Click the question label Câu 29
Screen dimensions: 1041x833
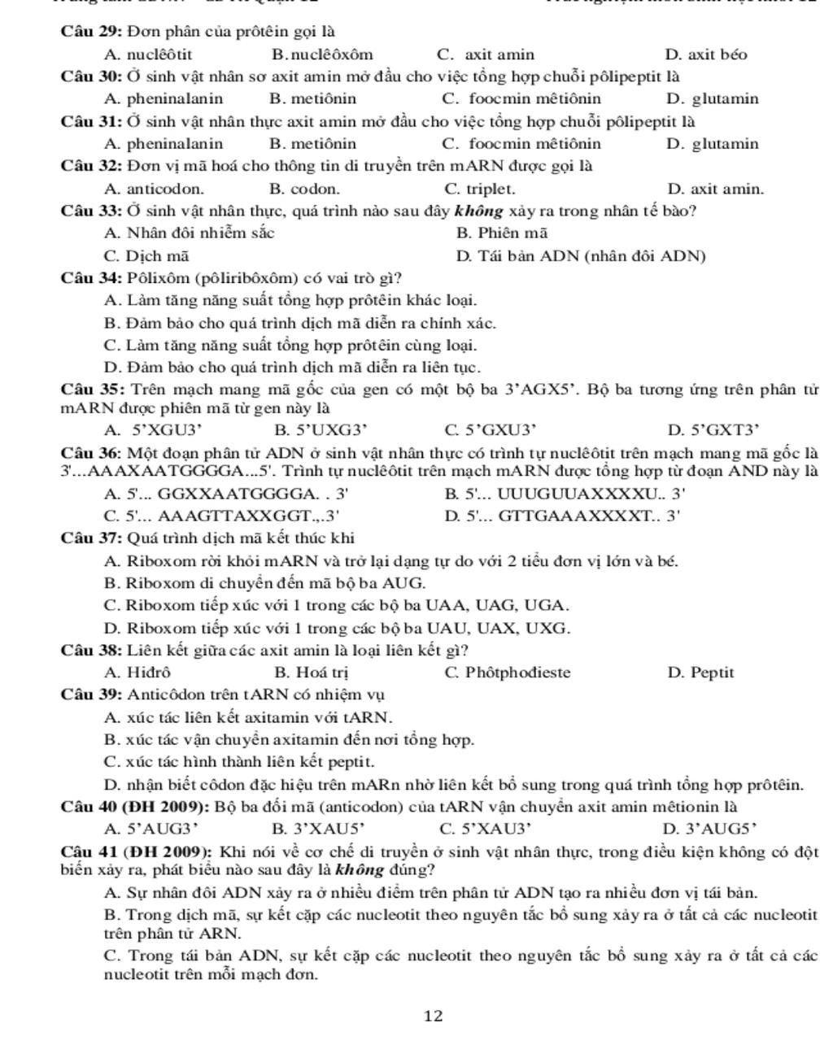tap(91, 33)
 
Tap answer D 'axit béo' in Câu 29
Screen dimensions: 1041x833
tap(705, 55)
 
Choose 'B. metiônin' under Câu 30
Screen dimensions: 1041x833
tap(312, 99)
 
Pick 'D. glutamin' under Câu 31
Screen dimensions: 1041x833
tap(712, 144)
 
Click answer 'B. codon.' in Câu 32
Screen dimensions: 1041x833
tap(304, 189)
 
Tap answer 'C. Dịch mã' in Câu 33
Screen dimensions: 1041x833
tap(146, 256)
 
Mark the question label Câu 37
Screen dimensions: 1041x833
tap(91, 538)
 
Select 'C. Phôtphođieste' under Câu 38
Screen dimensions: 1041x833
tap(508, 673)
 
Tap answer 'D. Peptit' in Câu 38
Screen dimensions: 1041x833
tap(700, 673)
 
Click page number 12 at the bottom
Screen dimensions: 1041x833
tap(434, 1015)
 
